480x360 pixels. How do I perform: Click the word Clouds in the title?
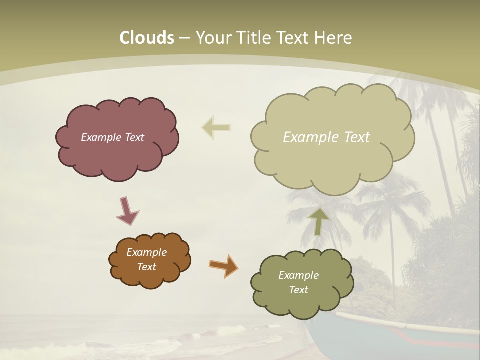(146, 38)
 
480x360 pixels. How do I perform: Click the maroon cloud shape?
(117, 155)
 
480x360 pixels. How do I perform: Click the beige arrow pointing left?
(216, 128)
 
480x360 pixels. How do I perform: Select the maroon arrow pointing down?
(127, 210)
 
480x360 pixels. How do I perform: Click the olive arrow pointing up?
(318, 221)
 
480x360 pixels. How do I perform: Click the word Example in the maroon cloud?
(101, 137)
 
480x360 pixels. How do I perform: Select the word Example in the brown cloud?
(146, 252)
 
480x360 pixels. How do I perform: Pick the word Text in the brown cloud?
(146, 267)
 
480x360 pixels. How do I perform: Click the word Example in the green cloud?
(298, 275)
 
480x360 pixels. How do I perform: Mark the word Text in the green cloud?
(298, 290)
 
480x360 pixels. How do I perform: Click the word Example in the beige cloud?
(310, 137)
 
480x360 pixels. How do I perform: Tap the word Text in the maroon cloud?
(134, 137)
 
